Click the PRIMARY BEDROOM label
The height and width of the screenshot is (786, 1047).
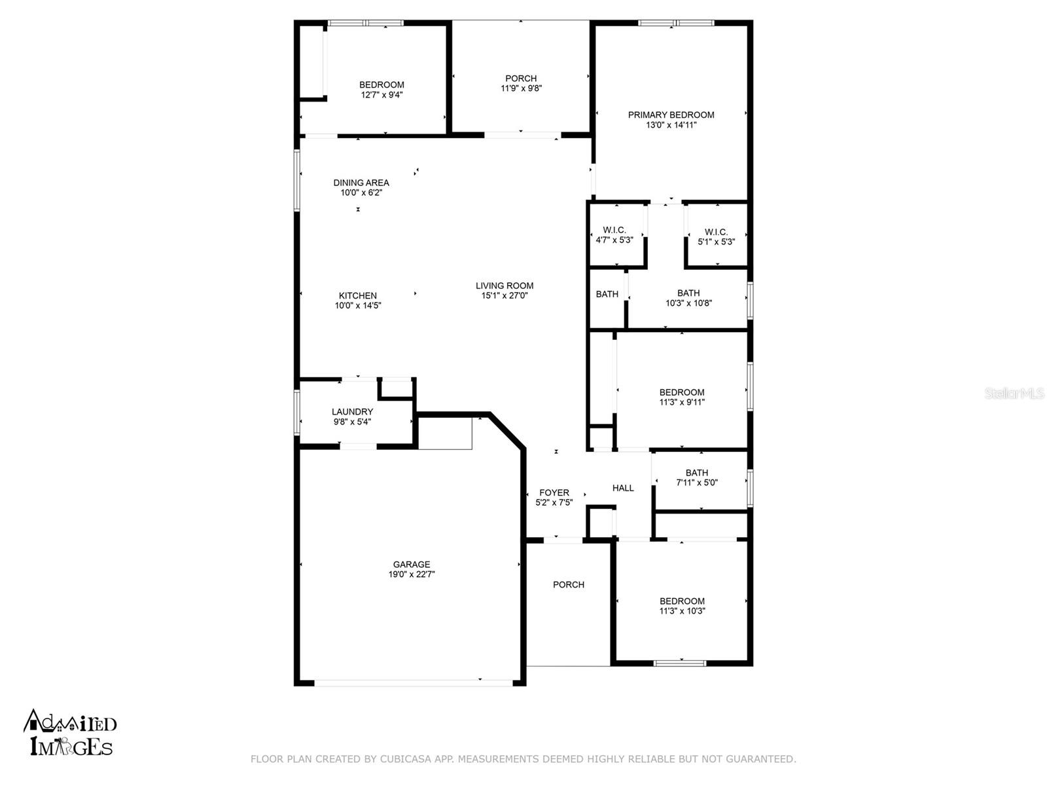(671, 115)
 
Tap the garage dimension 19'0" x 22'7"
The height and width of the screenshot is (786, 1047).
(412, 574)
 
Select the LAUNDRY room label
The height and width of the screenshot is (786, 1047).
(352, 412)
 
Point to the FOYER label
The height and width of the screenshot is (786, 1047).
(554, 493)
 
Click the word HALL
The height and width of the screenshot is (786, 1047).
(623, 488)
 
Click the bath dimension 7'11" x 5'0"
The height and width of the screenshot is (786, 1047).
(697, 483)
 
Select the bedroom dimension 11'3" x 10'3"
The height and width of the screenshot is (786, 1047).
(682, 611)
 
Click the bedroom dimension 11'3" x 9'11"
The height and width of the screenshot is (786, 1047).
(682, 402)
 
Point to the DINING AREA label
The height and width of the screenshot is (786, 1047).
(361, 183)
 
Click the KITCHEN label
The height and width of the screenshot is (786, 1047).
(357, 295)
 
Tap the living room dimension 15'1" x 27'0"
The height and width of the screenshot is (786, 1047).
(505, 295)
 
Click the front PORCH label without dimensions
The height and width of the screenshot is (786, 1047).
(568, 584)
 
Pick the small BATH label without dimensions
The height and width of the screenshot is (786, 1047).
(607, 294)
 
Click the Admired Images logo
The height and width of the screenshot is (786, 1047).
(70, 733)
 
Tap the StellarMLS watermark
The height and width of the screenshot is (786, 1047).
(1014, 393)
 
